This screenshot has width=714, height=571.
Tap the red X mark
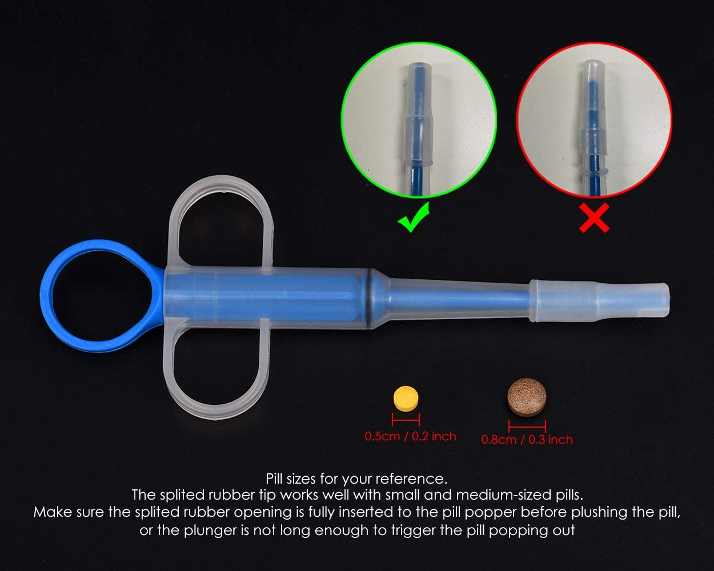594,220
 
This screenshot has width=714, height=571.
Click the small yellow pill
406,397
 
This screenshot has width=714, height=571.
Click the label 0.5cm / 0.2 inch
411,436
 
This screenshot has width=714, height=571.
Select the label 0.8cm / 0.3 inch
527,440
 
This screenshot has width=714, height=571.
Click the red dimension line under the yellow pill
406,420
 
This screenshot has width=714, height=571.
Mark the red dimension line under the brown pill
527,425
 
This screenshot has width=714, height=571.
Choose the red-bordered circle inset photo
594,120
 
